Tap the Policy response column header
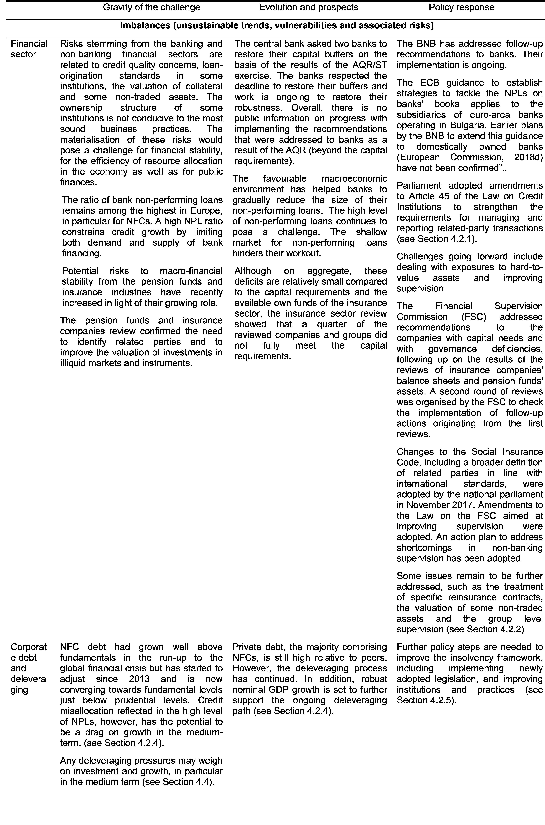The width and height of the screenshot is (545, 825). click(461, 7)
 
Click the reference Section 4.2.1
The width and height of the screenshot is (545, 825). click(447, 239)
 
